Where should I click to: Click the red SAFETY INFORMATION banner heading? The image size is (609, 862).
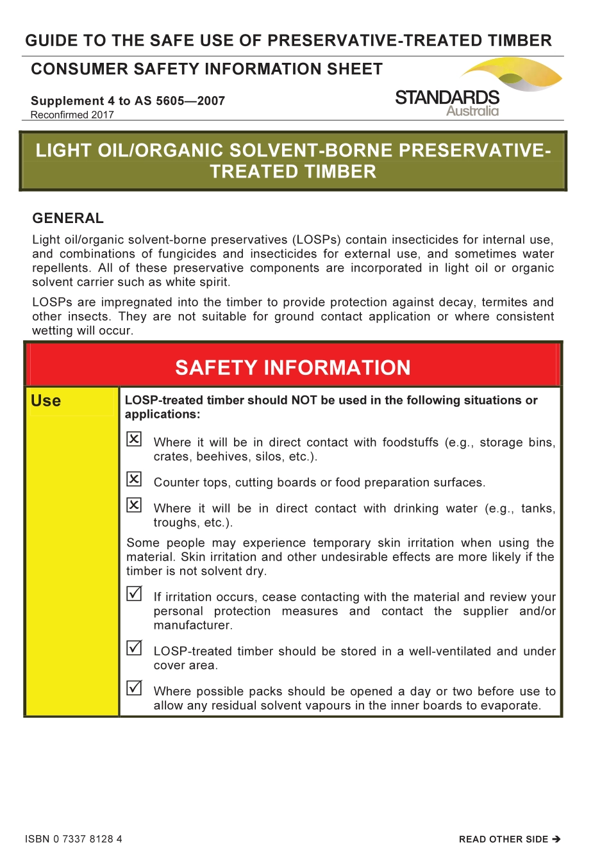click(293, 368)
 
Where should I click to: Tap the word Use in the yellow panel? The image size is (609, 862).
click(46, 401)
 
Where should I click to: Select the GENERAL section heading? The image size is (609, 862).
click(68, 219)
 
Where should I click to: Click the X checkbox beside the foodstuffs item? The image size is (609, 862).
click(134, 439)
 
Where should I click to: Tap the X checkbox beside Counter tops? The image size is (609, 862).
click(134, 479)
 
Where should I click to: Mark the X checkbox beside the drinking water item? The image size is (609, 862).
click(134, 505)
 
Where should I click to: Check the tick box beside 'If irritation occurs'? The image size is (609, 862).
click(134, 593)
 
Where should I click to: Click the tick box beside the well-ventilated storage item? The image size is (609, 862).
click(134, 648)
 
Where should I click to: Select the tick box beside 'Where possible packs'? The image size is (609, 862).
click(134, 688)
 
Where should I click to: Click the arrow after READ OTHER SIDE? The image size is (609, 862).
click(556, 839)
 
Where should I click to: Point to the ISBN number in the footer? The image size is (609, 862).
click(74, 839)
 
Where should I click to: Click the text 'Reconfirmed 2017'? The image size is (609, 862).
click(72, 115)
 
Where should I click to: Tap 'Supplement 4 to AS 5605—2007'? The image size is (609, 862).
click(128, 101)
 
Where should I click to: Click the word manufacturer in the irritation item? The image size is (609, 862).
click(193, 626)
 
